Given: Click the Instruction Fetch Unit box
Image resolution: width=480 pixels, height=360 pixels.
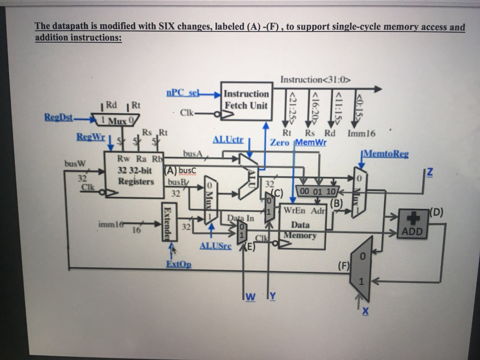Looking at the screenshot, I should tap(246, 100).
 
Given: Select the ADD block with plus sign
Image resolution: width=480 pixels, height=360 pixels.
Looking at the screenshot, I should tap(412, 224).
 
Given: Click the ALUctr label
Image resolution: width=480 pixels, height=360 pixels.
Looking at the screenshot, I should tap(228, 140).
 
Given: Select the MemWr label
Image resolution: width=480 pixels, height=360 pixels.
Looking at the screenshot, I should tap(310, 142).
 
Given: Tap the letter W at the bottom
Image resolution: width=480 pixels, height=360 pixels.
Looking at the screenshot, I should tap(251, 296).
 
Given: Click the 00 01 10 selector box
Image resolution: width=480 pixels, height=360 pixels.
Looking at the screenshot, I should tap(317, 192).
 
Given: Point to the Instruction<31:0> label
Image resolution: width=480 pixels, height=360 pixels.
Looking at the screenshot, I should tap(315, 79).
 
